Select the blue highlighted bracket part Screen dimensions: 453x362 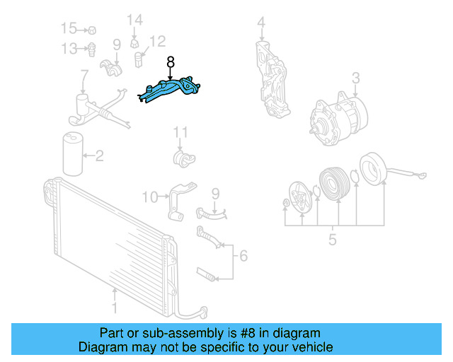[169, 89]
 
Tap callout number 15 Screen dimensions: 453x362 [69, 28]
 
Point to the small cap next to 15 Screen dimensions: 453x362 [92, 30]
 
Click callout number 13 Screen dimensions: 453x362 [69, 49]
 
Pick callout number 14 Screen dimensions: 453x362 [135, 20]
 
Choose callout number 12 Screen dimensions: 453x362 [158, 41]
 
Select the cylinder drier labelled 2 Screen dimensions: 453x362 [73, 154]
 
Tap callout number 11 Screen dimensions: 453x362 [180, 132]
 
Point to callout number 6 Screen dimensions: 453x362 [243, 256]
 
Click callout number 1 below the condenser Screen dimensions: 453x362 [115, 308]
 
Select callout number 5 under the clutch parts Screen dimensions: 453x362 [332, 240]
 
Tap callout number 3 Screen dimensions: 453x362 [355, 78]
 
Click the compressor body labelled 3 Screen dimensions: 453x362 [338, 118]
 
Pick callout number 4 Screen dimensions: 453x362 [261, 22]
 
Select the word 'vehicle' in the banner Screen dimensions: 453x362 [316, 347]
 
